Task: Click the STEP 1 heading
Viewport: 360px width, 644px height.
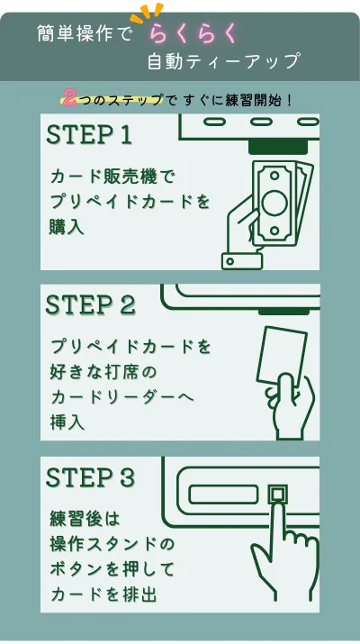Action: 89,134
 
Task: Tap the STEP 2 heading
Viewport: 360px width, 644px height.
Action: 90,305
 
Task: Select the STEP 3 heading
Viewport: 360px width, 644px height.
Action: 90,477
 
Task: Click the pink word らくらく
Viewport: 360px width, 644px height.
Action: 193,33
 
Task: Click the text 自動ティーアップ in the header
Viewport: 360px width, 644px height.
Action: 224,61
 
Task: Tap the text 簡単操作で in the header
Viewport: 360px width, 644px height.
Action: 85,33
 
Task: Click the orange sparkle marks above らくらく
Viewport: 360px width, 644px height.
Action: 147,13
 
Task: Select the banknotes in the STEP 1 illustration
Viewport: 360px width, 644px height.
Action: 281,202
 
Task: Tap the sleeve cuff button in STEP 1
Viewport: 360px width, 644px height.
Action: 230,261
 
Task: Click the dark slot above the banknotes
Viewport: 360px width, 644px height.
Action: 278,147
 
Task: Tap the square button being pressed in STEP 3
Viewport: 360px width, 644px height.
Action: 277,494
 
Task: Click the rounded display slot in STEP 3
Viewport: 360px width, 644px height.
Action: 224,494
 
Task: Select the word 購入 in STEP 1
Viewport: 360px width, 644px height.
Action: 67,227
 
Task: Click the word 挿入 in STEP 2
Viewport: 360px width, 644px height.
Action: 67,422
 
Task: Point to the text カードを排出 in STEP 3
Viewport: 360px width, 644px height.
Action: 103,594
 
